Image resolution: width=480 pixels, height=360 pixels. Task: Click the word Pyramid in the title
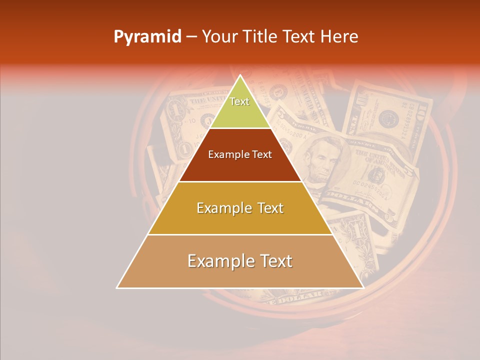click(147, 37)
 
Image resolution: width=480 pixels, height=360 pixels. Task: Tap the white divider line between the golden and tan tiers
click(240, 234)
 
